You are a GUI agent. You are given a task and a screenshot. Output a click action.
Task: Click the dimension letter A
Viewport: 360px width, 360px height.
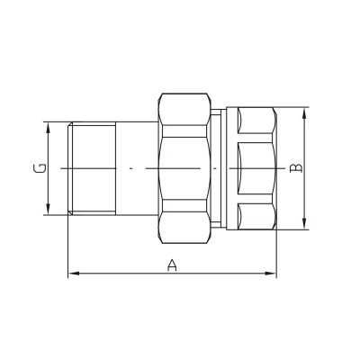click(171, 264)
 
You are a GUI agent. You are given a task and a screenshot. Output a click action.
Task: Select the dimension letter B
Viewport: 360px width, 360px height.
click(299, 168)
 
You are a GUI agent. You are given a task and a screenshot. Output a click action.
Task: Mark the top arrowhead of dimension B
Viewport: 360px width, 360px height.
click(305, 111)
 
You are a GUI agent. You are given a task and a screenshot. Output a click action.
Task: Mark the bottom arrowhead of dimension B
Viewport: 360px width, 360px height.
click(305, 225)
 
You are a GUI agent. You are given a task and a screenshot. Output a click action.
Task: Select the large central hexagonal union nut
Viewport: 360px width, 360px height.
click(185, 168)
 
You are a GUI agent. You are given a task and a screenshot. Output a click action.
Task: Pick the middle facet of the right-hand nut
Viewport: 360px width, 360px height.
click(255, 168)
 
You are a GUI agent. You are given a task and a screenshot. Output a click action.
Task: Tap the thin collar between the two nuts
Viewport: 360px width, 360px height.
click(220, 168)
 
